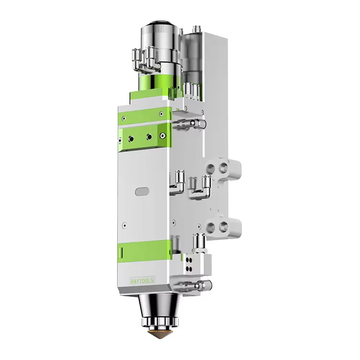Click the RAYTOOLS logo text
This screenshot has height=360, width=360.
point(142,281)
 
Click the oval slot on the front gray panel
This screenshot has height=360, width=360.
point(142,191)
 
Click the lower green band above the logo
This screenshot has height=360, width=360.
point(144,251)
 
